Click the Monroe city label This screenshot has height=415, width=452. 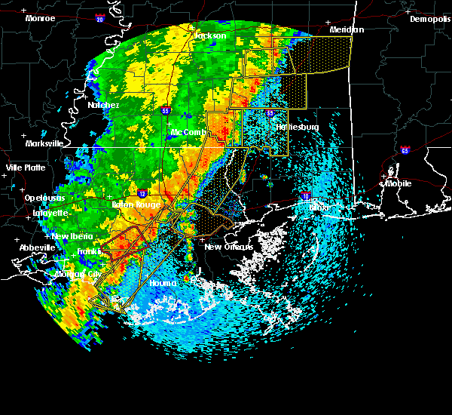pos(39,18)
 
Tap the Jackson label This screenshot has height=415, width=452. pos(210,35)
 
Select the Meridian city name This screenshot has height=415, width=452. pos(347,29)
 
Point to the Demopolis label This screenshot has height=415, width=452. pos(429,20)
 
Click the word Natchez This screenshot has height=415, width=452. pos(103,105)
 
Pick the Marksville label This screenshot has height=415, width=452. pos(44,143)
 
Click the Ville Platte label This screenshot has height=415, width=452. pos(26,168)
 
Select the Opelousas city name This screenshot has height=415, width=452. pos(44,198)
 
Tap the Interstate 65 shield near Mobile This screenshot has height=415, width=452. pos(405,150)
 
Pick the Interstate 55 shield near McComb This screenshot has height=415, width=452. pos(166,110)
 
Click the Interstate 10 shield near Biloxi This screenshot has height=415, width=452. pos(305,196)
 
